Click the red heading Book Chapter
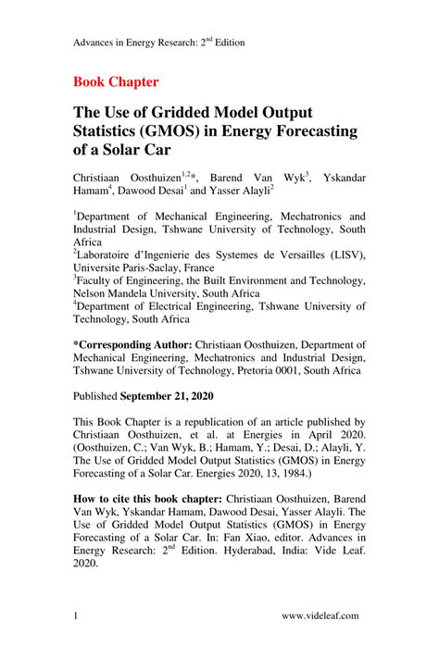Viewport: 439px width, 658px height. pos(116,81)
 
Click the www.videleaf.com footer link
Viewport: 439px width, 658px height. pos(320,615)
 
